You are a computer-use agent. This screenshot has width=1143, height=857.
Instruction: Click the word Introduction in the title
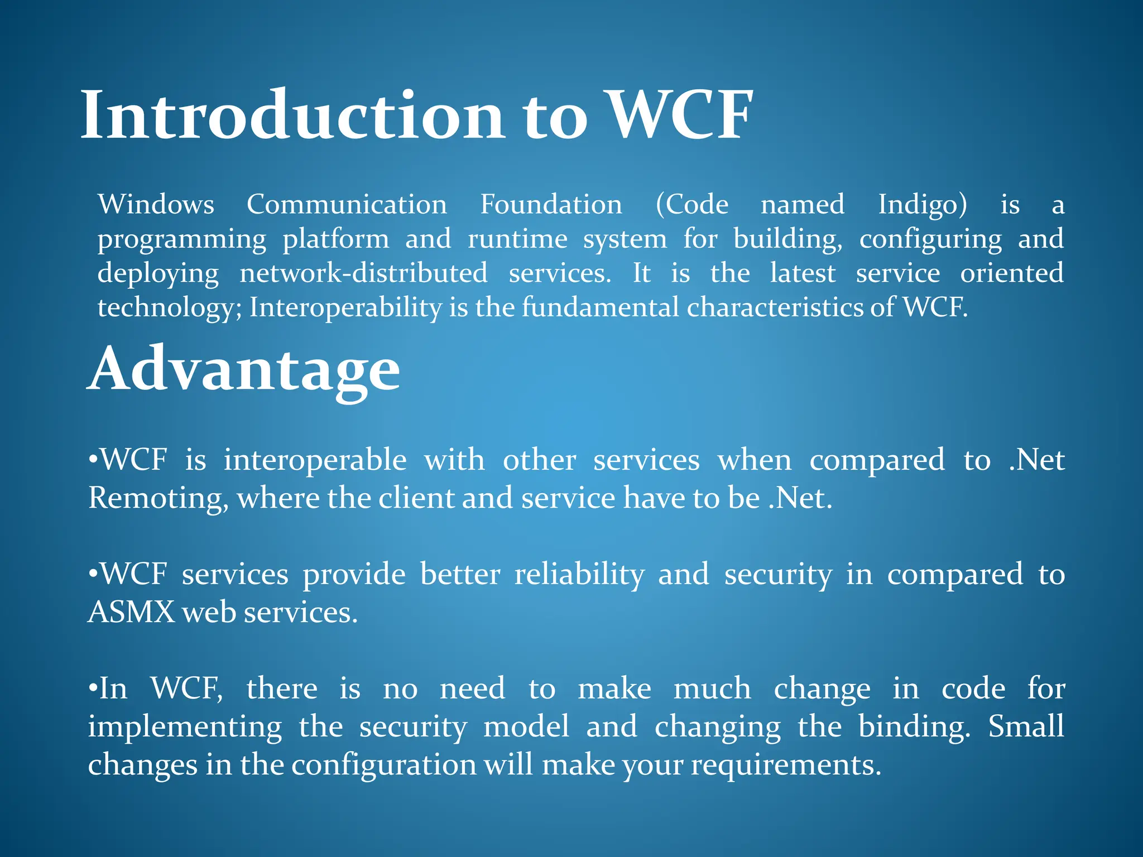tap(293, 116)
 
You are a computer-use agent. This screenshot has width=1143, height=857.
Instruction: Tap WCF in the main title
tap(679, 116)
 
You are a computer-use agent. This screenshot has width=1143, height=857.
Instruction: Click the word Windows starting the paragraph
tap(156, 204)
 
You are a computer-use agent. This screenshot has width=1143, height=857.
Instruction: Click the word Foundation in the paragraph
tap(551, 204)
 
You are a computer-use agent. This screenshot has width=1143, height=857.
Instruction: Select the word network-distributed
tap(363, 273)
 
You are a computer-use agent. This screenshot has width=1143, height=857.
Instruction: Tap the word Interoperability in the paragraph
tap(345, 308)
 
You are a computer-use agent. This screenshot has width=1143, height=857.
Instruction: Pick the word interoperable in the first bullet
tap(315, 461)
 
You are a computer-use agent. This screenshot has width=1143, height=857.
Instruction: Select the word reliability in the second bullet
tap(579, 575)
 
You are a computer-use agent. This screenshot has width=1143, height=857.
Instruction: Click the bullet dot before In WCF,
tap(93, 689)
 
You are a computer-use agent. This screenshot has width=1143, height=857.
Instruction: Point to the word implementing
tap(185, 728)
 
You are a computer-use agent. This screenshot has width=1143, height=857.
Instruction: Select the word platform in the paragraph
tap(335, 240)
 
